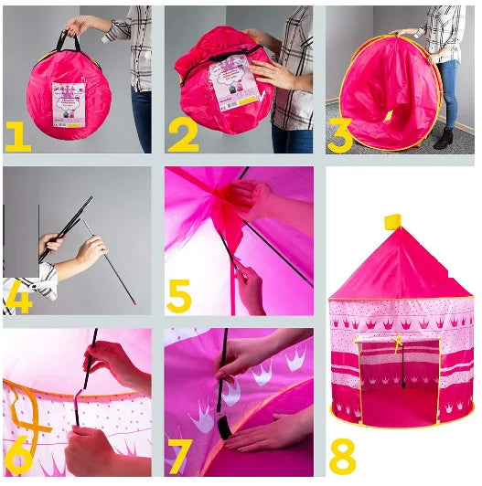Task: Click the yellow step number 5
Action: (x=179, y=295)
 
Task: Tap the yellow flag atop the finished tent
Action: (x=393, y=221)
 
